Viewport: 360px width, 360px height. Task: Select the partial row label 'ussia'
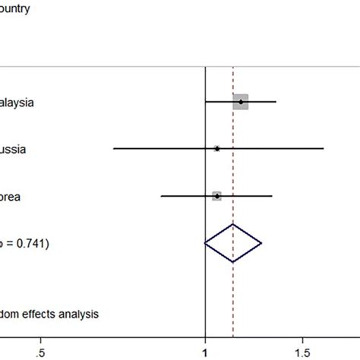[13, 150]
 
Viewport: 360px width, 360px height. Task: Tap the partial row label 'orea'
[11, 197]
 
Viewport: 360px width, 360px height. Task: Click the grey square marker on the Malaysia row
[241, 102]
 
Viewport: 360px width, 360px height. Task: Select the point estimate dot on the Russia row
[217, 149]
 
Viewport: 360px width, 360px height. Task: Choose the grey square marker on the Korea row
[217, 196]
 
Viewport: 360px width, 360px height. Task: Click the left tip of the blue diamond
[205, 243]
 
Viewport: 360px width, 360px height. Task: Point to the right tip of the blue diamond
[262, 243]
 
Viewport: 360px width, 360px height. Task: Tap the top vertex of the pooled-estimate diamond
[233, 225]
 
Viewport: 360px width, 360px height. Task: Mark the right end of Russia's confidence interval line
[324, 149]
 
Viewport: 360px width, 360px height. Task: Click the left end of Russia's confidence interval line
[114, 149]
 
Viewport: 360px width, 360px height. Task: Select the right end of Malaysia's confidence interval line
[276, 102]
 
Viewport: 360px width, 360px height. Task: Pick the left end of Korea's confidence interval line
[162, 196]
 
